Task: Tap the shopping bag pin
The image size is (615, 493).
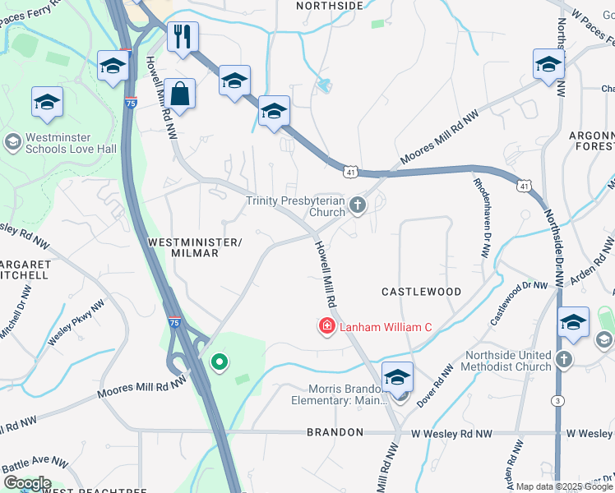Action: pyautogui.click(x=179, y=94)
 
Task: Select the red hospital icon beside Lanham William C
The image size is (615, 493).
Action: pyautogui.click(x=326, y=327)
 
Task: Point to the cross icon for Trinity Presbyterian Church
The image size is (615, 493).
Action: pyautogui.click(x=357, y=205)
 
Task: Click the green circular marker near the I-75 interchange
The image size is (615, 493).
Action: pyautogui.click(x=219, y=362)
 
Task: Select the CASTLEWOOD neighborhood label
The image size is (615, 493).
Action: pyautogui.click(x=421, y=292)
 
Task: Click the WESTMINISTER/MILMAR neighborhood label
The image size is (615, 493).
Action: pyautogui.click(x=195, y=247)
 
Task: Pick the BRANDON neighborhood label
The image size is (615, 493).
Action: pyautogui.click(x=335, y=432)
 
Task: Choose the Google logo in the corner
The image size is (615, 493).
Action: pyautogui.click(x=26, y=483)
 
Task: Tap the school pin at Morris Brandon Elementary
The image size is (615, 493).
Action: pyautogui.click(x=397, y=377)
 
